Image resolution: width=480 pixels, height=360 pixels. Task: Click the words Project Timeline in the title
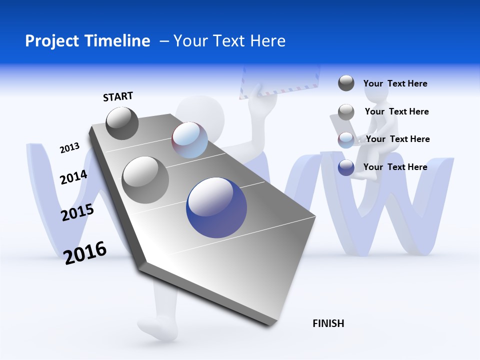87,41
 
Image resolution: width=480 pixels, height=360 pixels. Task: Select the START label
118,96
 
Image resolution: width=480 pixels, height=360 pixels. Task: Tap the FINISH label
328,323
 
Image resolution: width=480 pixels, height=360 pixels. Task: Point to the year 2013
69,147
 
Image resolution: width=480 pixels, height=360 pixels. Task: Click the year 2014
73,177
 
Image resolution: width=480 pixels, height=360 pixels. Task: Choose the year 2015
77,212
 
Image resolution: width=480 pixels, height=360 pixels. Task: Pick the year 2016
85,252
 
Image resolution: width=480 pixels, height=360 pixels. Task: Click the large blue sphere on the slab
216,207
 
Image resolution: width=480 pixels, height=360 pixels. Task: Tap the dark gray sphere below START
122,123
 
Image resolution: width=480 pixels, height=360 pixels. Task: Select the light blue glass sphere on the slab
190,140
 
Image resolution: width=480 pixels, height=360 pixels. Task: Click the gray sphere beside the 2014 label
145,180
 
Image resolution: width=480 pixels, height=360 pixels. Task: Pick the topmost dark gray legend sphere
346,83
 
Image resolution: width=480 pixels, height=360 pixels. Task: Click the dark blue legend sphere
346,167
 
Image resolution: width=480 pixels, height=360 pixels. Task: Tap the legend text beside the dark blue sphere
395,167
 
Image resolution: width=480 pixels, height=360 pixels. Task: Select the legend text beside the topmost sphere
395,83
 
